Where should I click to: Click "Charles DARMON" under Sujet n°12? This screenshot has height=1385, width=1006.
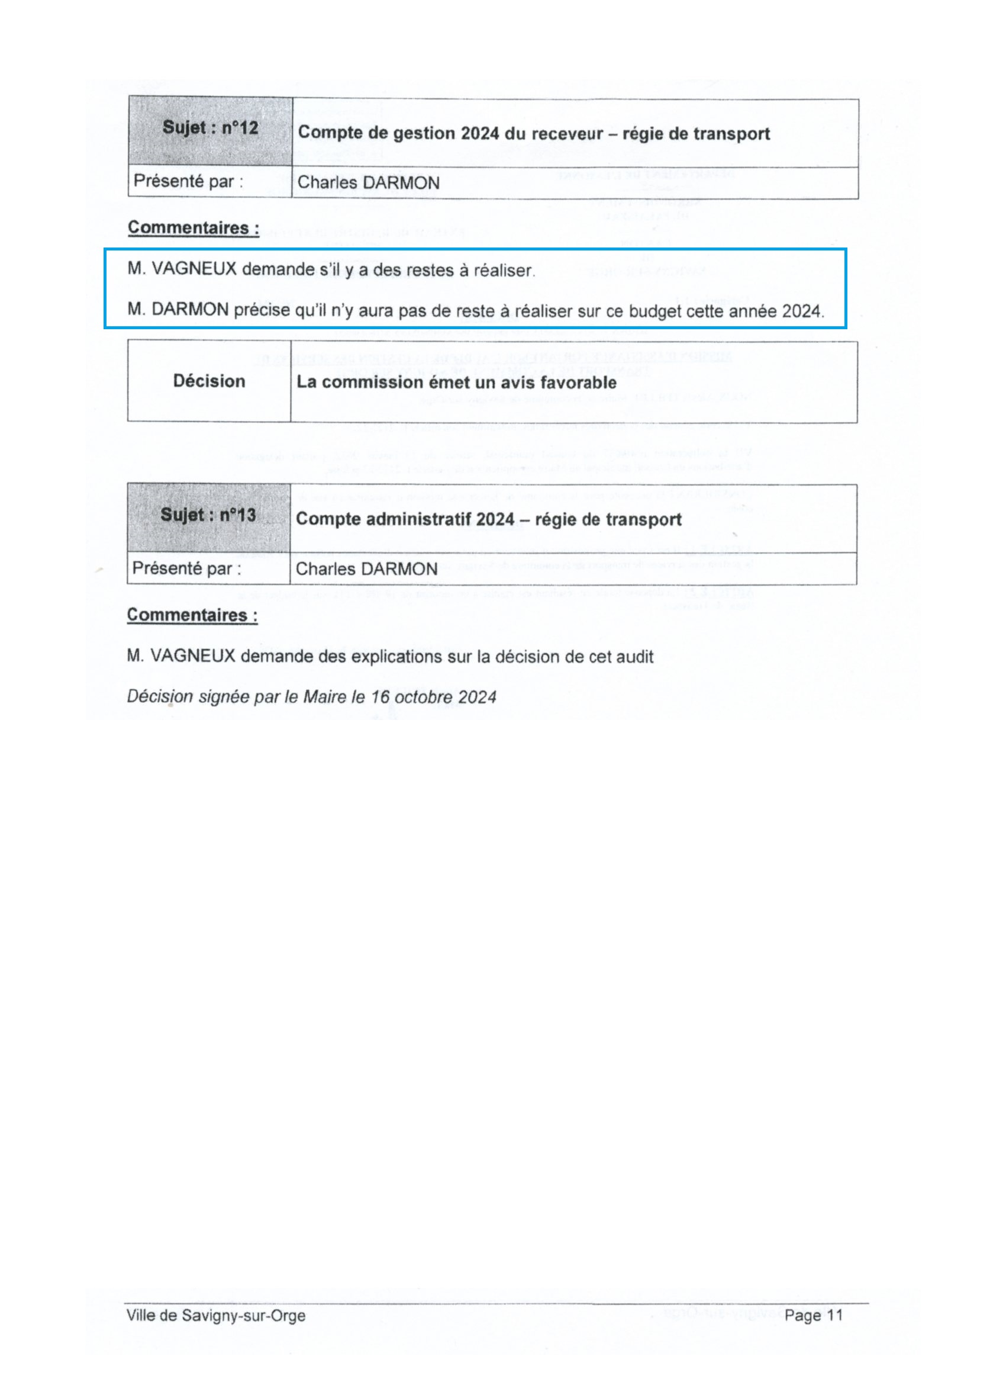[x=368, y=182]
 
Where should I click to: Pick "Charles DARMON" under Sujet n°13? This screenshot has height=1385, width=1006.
[x=366, y=569]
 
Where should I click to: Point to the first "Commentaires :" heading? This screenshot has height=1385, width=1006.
[x=194, y=228]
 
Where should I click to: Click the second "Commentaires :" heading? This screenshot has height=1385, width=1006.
[x=192, y=615]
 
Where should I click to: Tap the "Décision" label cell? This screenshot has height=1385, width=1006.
[x=209, y=381]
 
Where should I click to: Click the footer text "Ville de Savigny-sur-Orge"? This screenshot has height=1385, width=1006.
[x=216, y=1315]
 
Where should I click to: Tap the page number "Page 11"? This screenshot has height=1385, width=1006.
[x=813, y=1315]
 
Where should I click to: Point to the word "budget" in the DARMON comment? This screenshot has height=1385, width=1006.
[x=655, y=311]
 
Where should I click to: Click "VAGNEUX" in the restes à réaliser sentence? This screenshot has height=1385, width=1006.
[x=194, y=269]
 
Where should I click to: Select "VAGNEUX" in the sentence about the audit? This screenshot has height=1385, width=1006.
[x=192, y=657]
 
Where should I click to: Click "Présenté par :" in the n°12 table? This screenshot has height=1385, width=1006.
[x=188, y=181]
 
